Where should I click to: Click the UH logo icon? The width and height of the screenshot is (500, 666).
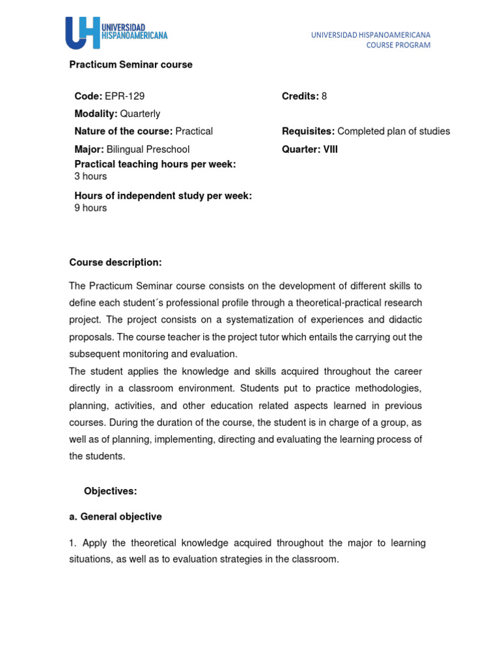tap(82, 32)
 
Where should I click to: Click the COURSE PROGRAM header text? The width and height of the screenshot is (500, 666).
tap(398, 45)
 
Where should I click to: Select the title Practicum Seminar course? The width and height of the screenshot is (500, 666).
tap(131, 65)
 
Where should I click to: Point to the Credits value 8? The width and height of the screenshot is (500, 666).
tap(324, 96)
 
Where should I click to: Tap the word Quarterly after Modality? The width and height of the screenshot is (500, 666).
tap(140, 114)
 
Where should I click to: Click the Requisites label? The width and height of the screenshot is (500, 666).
tap(308, 131)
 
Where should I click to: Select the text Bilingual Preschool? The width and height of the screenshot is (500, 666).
tap(148, 150)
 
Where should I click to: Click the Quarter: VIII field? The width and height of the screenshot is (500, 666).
tap(310, 150)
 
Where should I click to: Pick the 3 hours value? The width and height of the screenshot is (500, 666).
tap(90, 176)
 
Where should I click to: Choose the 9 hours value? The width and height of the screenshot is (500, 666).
tap(90, 208)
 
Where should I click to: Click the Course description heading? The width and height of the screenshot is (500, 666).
tap(115, 262)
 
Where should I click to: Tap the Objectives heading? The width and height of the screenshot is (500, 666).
tap(111, 491)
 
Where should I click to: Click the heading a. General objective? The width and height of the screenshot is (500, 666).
tap(115, 516)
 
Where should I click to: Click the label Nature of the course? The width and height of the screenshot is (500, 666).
tap(121, 131)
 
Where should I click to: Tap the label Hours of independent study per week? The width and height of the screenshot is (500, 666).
tap(163, 196)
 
